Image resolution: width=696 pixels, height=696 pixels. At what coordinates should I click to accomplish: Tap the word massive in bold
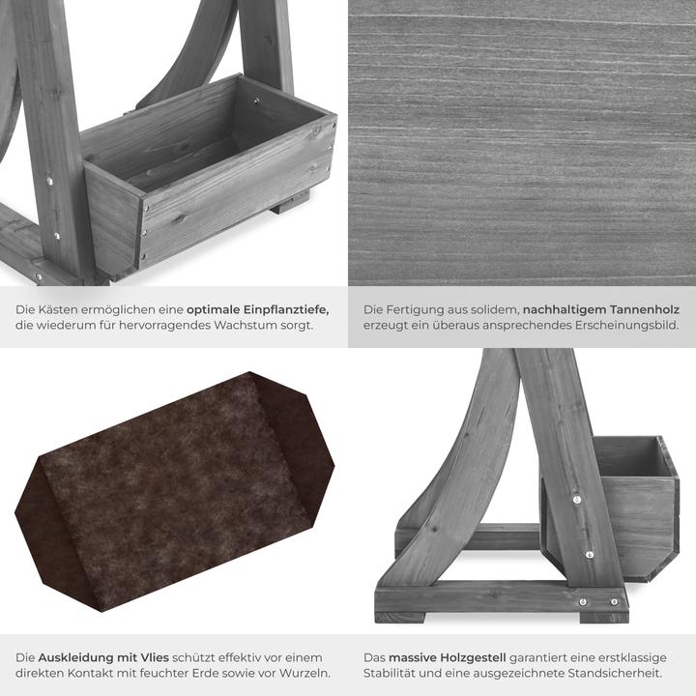[x=413, y=657]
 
